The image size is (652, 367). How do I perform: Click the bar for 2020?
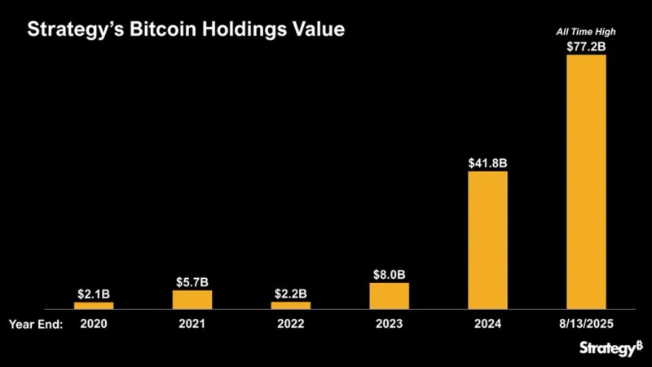(x=94, y=305)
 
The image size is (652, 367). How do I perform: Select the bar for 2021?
(x=192, y=299)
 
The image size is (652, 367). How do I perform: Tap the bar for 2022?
(x=291, y=305)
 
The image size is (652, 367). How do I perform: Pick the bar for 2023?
(x=389, y=296)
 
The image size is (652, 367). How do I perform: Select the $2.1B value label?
(x=94, y=293)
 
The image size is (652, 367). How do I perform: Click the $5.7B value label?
(x=192, y=281)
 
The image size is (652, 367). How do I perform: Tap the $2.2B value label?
(x=291, y=293)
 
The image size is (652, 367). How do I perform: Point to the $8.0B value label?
(x=389, y=274)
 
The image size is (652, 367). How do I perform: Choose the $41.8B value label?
(x=487, y=163)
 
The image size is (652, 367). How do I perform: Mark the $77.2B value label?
(x=586, y=46)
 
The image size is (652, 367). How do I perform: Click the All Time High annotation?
(x=586, y=32)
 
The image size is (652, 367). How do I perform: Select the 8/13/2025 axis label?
(x=586, y=323)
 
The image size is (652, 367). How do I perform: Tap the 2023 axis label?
(x=389, y=323)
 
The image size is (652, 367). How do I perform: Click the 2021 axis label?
(x=192, y=323)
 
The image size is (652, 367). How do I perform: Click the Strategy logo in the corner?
(x=611, y=349)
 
